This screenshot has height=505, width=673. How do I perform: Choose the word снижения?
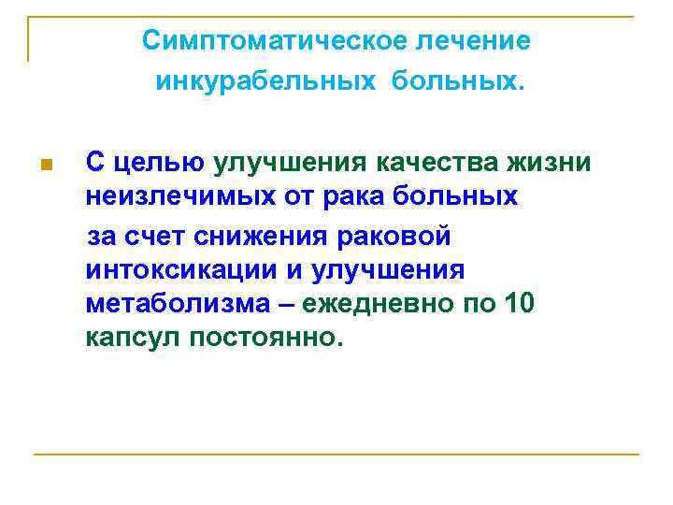[269, 237]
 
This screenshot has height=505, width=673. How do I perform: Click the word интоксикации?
[179, 271]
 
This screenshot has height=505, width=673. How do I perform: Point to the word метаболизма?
[182, 306]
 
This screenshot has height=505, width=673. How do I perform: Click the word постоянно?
[264, 339]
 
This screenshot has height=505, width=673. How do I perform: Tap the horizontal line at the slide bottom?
[336, 454]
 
